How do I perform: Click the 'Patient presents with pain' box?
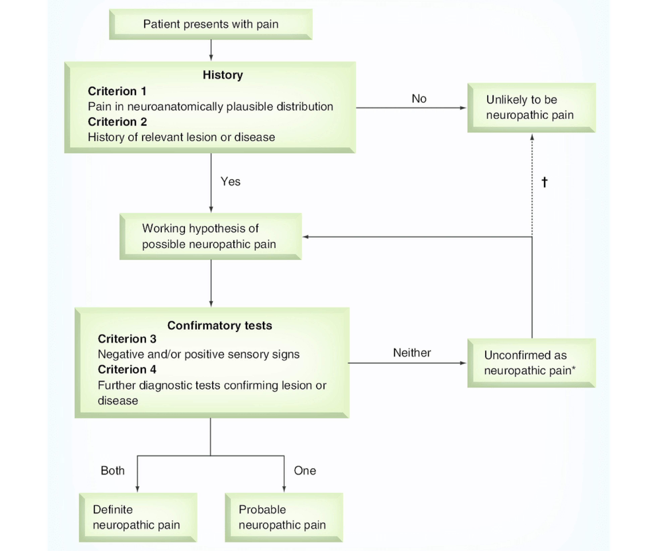tap(211, 24)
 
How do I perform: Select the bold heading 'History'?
tap(223, 75)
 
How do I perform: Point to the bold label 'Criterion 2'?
tap(117, 121)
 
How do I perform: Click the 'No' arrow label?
tap(419, 99)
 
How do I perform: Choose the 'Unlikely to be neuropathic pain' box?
tap(531, 107)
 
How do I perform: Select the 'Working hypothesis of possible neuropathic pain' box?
tap(210, 236)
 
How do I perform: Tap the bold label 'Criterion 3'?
tap(127, 339)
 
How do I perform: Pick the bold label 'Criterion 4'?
tap(127, 369)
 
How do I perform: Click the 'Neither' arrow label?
tap(412, 353)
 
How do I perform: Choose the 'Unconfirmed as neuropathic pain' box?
tap(531, 363)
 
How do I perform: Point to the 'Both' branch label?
tap(113, 470)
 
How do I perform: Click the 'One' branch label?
tap(305, 470)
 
